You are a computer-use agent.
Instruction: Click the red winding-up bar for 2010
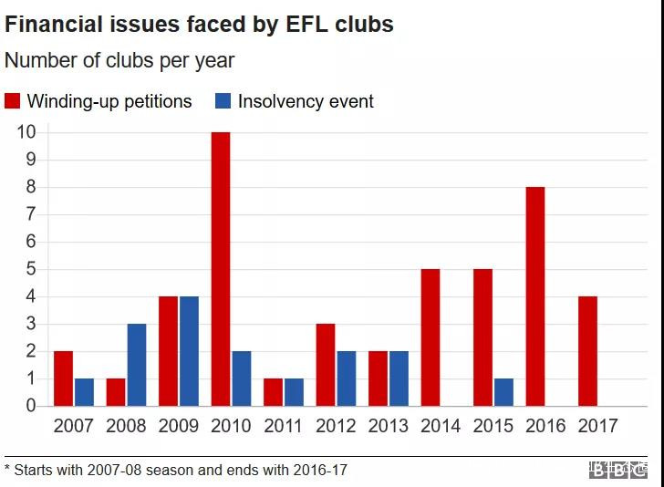(221, 269)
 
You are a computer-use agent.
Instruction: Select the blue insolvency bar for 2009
(189, 351)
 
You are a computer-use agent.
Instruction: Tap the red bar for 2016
(535, 296)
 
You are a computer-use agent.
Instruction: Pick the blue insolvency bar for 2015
(503, 392)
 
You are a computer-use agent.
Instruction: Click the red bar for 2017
(587, 351)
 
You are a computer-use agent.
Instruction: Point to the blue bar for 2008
(137, 365)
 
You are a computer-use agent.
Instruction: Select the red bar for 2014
(431, 337)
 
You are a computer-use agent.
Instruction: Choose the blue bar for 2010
(242, 378)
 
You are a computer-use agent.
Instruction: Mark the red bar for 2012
(326, 365)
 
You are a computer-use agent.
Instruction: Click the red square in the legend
(13, 101)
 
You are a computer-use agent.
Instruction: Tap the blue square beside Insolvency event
(223, 101)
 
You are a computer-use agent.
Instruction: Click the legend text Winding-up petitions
(109, 101)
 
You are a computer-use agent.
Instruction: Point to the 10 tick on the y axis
(26, 132)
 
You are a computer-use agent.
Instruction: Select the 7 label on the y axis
(30, 214)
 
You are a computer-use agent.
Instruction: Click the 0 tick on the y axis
(30, 406)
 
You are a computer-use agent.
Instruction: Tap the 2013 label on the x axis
(389, 426)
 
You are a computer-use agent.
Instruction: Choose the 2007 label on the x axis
(74, 426)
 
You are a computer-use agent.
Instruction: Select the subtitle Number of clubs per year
(119, 61)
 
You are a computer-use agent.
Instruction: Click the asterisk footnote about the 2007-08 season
(176, 471)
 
